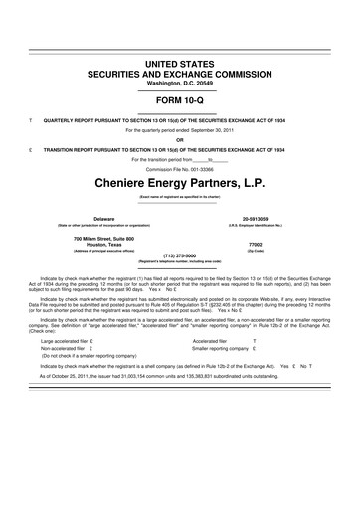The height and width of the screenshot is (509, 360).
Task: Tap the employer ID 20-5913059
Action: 283,217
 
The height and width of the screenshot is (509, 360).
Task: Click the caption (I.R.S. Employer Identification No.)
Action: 283,224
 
